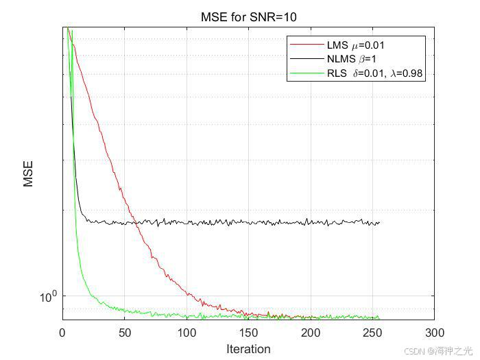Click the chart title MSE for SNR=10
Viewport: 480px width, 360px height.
coord(248,16)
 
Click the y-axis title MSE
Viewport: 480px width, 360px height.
coord(28,174)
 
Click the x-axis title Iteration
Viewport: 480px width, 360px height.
coord(248,349)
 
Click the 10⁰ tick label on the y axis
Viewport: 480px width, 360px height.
coord(49,296)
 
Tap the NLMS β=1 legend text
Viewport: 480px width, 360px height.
coord(356,59)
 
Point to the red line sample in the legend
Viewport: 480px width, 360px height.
coord(307,45)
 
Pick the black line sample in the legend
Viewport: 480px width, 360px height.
coord(307,59)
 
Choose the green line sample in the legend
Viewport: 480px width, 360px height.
coord(307,73)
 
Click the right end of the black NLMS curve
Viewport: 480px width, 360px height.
coord(379,222)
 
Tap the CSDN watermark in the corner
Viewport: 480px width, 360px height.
coord(438,350)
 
